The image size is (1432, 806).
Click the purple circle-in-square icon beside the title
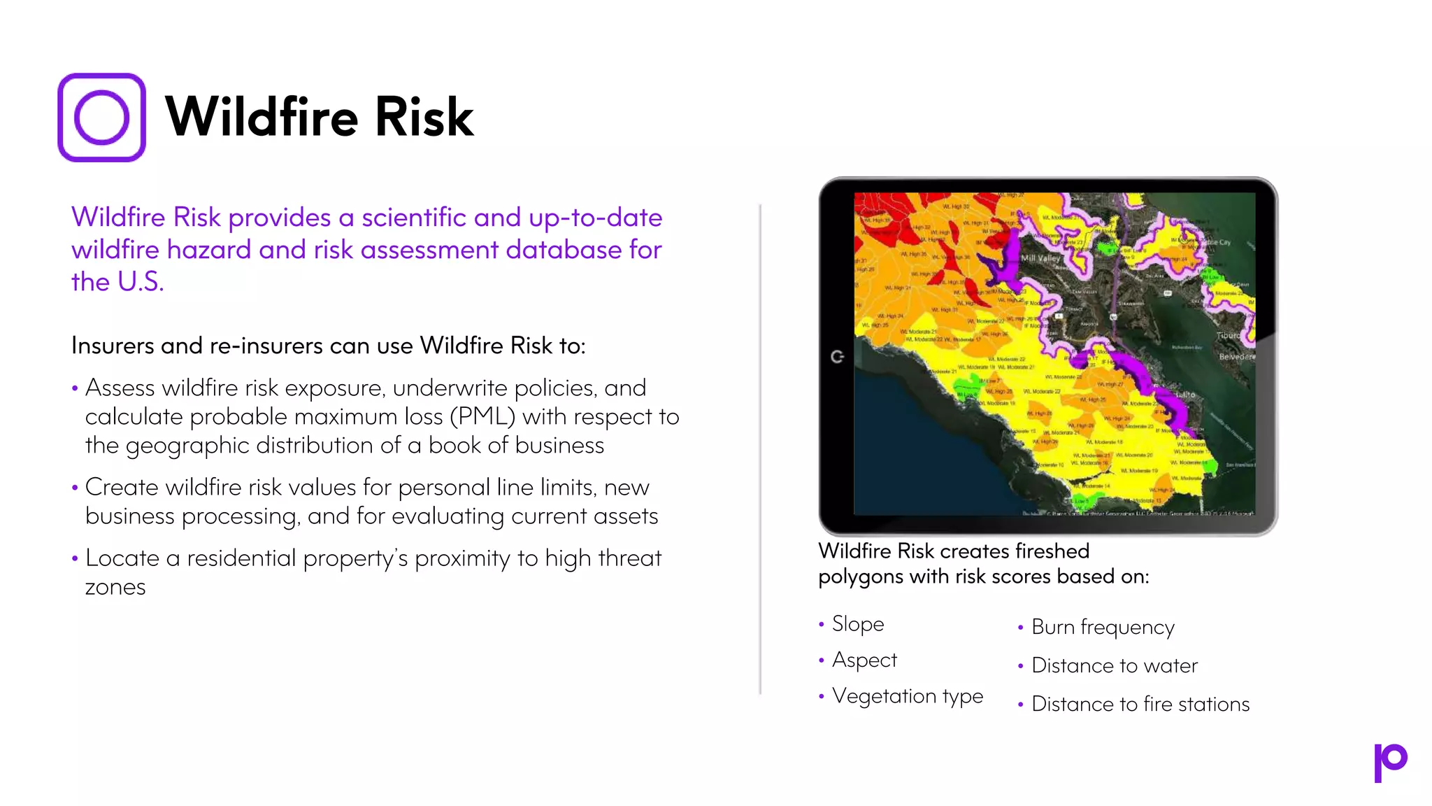(x=101, y=118)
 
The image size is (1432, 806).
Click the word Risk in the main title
(x=424, y=117)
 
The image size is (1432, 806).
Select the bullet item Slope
(x=857, y=623)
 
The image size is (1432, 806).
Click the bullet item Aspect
(x=864, y=660)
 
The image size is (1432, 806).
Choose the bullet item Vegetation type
(x=907, y=696)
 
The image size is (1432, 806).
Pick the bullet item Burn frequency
(x=1103, y=627)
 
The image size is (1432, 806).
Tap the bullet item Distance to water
(x=1115, y=665)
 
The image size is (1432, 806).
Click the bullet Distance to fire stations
(x=1140, y=704)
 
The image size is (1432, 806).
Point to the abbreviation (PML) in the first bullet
(x=482, y=417)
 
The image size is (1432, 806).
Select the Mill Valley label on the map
(x=1040, y=258)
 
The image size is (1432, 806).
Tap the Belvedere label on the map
(x=1236, y=357)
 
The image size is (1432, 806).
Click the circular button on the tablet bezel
(x=837, y=357)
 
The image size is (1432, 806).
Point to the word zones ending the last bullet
(x=115, y=587)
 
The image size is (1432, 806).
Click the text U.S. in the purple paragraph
(x=140, y=282)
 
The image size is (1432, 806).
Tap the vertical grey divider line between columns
(x=760, y=448)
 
